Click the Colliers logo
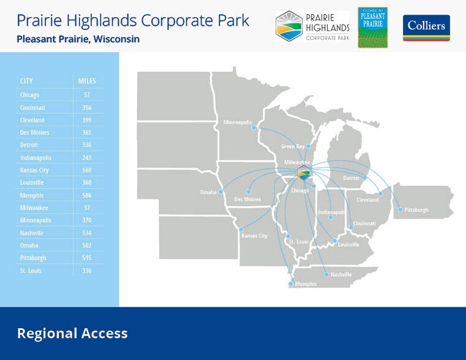point(426,28)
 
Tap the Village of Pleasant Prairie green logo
point(372,28)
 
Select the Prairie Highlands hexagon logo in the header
point(289,26)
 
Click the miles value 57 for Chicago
point(87,95)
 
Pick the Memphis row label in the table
point(32,195)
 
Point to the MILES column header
point(87,81)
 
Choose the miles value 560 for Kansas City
point(87,170)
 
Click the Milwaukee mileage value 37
point(87,208)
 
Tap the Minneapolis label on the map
point(238,122)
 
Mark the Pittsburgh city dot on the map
point(400,209)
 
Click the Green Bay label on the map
point(293,146)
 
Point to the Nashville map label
point(341,275)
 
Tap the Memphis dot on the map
point(291,283)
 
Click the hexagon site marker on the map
point(304,173)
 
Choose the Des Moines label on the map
point(247,199)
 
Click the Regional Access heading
point(72,334)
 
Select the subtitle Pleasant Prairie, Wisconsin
point(78,39)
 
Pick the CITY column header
point(26,81)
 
